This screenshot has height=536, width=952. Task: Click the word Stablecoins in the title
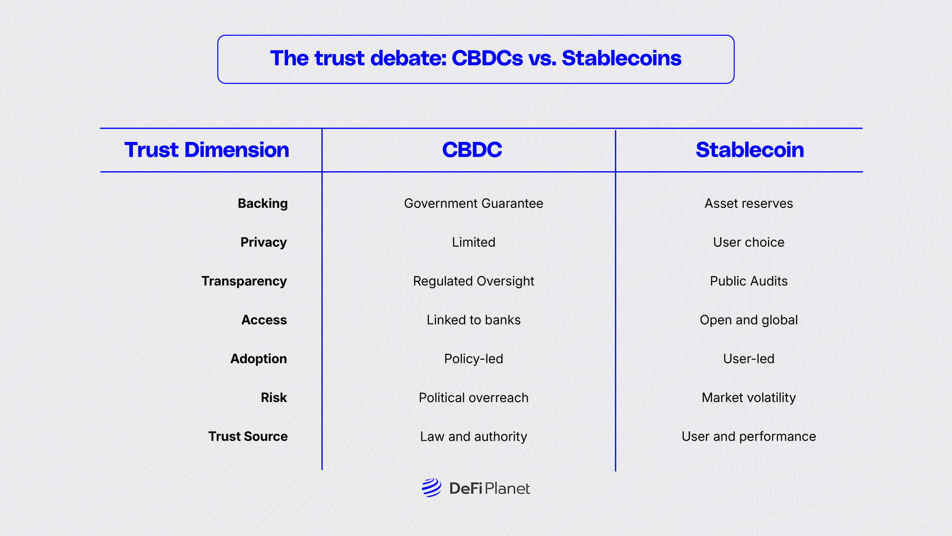(x=622, y=58)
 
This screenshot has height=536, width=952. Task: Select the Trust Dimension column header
(x=207, y=150)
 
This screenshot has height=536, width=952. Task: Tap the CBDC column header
(x=472, y=150)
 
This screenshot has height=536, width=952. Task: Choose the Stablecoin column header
(x=750, y=150)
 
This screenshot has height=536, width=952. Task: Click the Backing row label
(x=263, y=203)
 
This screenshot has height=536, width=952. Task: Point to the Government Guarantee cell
(x=474, y=203)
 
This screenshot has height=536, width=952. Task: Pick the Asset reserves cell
(x=749, y=203)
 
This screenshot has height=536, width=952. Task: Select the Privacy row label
(x=264, y=242)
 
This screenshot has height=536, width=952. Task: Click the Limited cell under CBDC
(x=474, y=242)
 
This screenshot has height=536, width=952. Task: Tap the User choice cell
(x=749, y=242)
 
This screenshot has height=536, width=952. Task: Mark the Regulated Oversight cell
(x=474, y=281)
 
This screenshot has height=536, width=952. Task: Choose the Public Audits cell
(x=749, y=281)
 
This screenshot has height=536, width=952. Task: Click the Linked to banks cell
(x=474, y=320)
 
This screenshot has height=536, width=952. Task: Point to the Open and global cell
(x=749, y=320)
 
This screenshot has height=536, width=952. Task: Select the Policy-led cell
(x=474, y=359)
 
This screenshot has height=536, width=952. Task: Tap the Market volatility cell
(x=749, y=398)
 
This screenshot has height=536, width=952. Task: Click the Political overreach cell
(x=474, y=398)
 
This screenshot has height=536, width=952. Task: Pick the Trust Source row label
(x=248, y=436)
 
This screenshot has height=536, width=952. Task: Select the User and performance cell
(x=749, y=437)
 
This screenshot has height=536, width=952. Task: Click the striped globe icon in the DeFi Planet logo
(x=431, y=488)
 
